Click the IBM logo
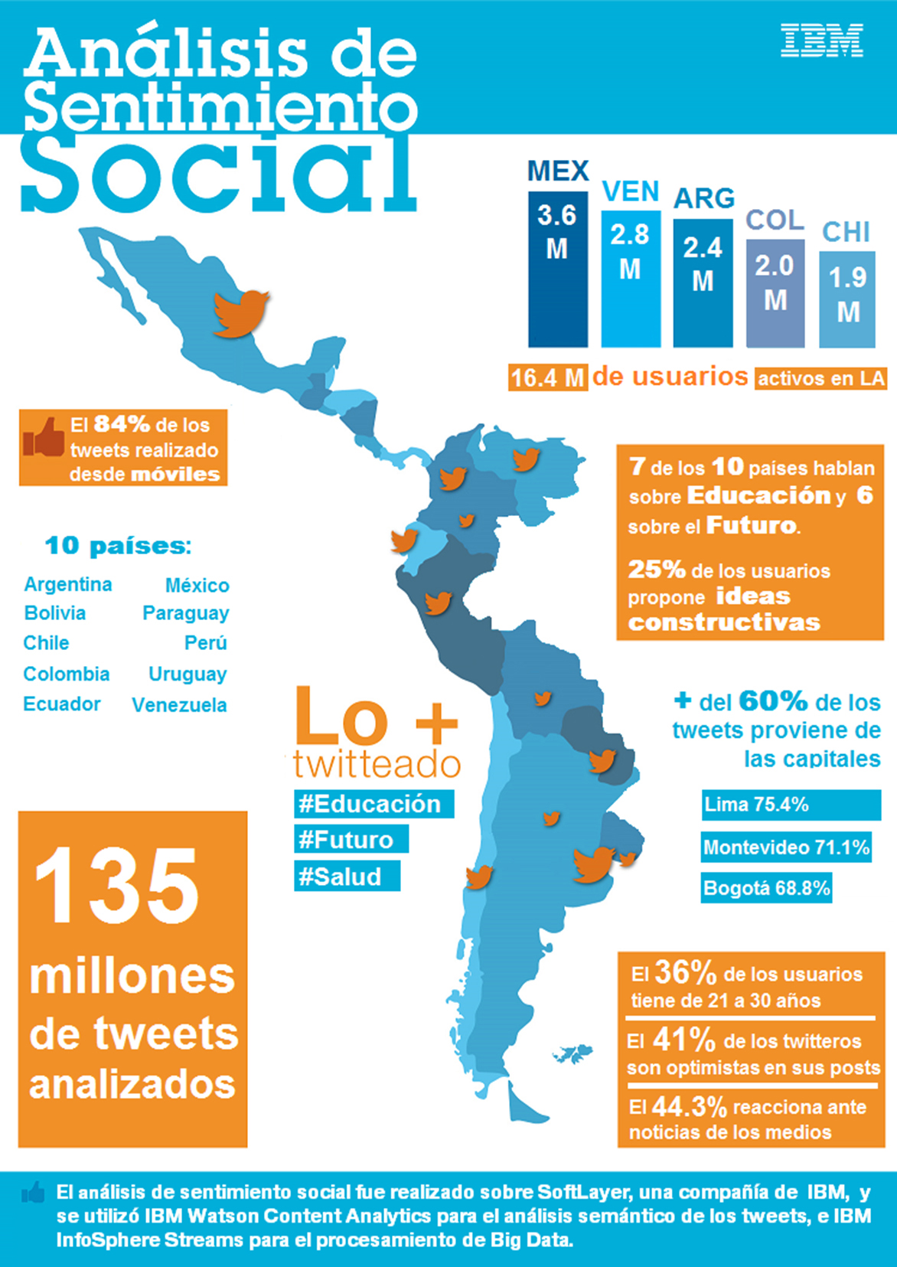[822, 41]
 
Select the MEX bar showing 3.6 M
[557, 268]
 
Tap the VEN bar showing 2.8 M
[630, 278]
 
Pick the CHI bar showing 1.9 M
[847, 299]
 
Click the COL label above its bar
[775, 220]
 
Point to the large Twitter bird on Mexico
[241, 312]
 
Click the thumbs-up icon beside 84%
[44, 438]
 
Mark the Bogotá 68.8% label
[766, 888]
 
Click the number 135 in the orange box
[116, 886]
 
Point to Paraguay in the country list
[185, 613]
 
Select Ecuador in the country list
[62, 704]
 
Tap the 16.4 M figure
[547, 377]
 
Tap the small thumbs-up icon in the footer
[33, 1193]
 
